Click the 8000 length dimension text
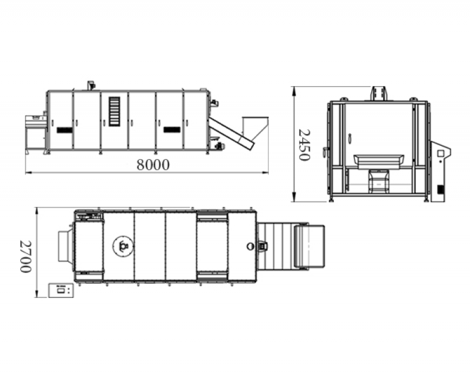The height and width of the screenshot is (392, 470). [153, 165]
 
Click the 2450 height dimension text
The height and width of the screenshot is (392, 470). [304, 145]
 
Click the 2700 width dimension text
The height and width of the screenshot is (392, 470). [25, 256]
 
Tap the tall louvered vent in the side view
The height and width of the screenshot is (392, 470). [114, 111]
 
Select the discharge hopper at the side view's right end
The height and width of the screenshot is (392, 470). [255, 128]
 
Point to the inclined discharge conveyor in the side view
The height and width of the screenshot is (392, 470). [231, 133]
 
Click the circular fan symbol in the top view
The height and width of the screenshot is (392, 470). [123, 246]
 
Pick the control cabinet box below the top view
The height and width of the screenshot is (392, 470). [61, 290]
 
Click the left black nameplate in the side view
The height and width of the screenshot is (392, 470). [65, 130]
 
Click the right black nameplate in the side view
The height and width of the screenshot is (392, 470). [172, 129]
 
